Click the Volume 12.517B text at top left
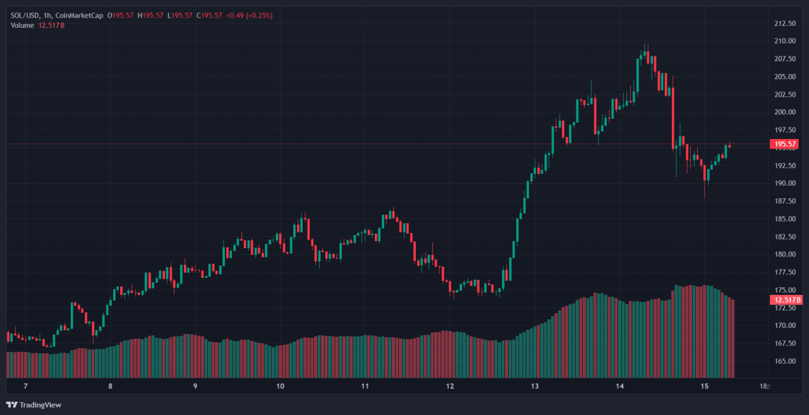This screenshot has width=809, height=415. pos(38,25)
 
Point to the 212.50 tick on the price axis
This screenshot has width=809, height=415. pos(784,23)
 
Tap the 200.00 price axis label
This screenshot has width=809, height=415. pos(784,112)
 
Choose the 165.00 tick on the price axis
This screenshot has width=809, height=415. pos(784,361)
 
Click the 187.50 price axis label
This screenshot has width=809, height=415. pos(784,201)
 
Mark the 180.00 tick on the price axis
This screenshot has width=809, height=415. pos(784,255)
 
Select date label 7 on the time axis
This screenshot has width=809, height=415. pos(25,386)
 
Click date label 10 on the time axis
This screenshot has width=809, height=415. pos(280,386)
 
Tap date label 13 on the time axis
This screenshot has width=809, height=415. pos(535,386)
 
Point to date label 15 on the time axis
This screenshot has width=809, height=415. pos(705,386)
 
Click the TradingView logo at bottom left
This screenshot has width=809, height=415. pos(34,405)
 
